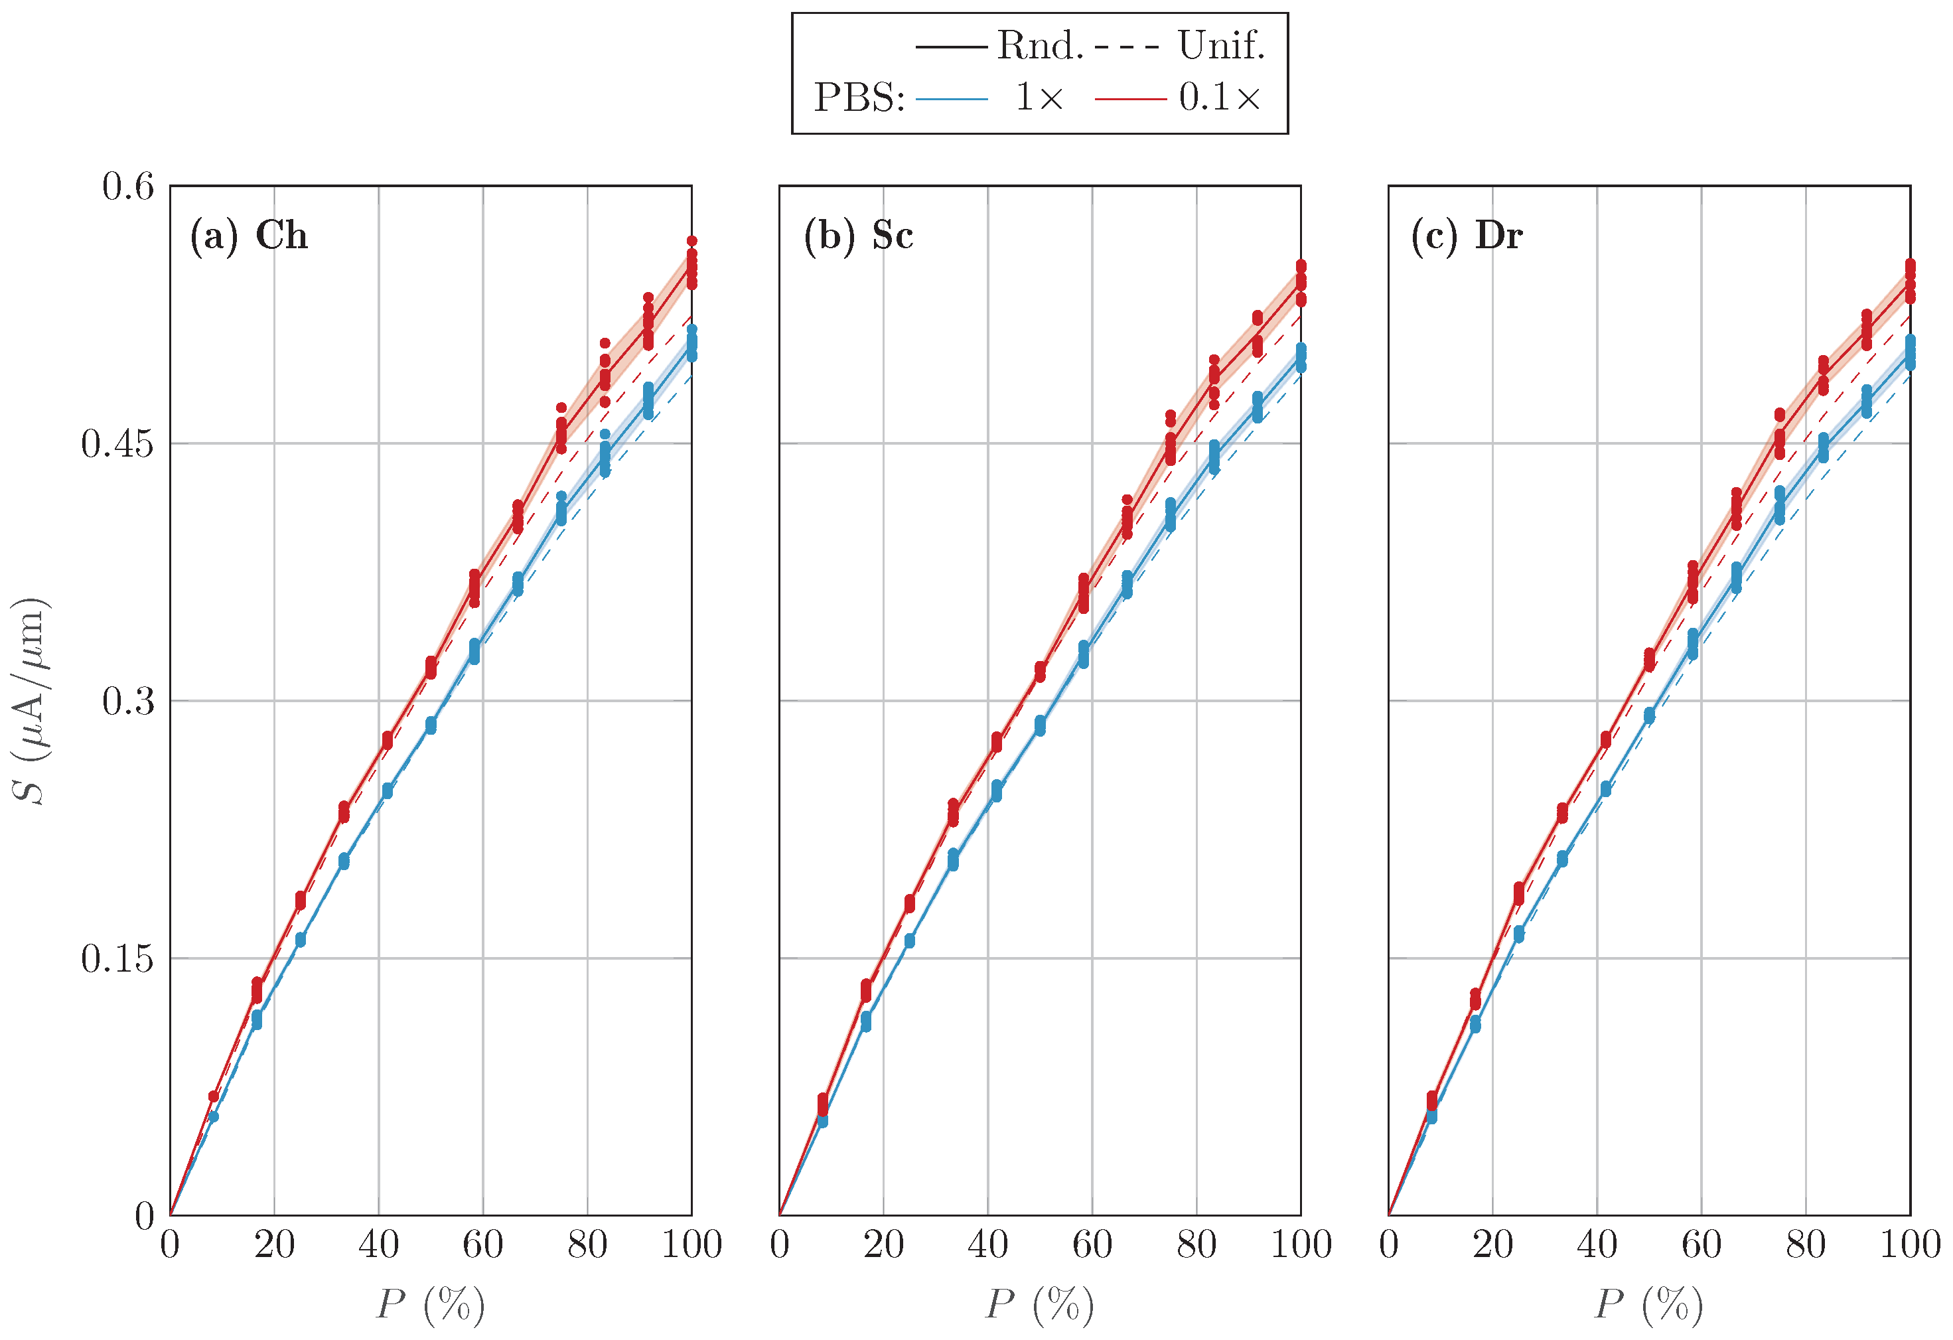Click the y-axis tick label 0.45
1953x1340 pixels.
pyautogui.click(x=117, y=445)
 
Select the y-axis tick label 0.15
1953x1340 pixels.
pyautogui.click(x=117, y=959)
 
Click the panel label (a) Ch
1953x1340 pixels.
pyautogui.click(x=249, y=236)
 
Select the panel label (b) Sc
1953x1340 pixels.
pyautogui.click(x=858, y=236)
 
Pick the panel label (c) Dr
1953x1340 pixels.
pyautogui.click(x=1467, y=236)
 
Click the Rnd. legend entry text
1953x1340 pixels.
pyautogui.click(x=1039, y=45)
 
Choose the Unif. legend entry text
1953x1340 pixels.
pyautogui.click(x=1220, y=45)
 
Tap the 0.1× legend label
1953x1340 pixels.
pyautogui.click(x=1219, y=98)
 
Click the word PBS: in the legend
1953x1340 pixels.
pyautogui.click(x=859, y=98)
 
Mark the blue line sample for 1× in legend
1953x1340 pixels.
pyautogui.click(x=952, y=99)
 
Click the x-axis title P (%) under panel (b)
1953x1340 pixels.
pyautogui.click(x=1039, y=1305)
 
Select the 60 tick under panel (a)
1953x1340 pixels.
pyautogui.click(x=482, y=1245)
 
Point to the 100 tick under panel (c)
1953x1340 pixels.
pyautogui.click(x=1909, y=1245)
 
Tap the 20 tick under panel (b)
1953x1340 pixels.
pyautogui.click(x=883, y=1245)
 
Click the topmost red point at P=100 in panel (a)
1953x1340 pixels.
pyautogui.click(x=691, y=242)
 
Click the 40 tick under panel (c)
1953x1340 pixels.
pyautogui.click(x=1597, y=1245)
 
